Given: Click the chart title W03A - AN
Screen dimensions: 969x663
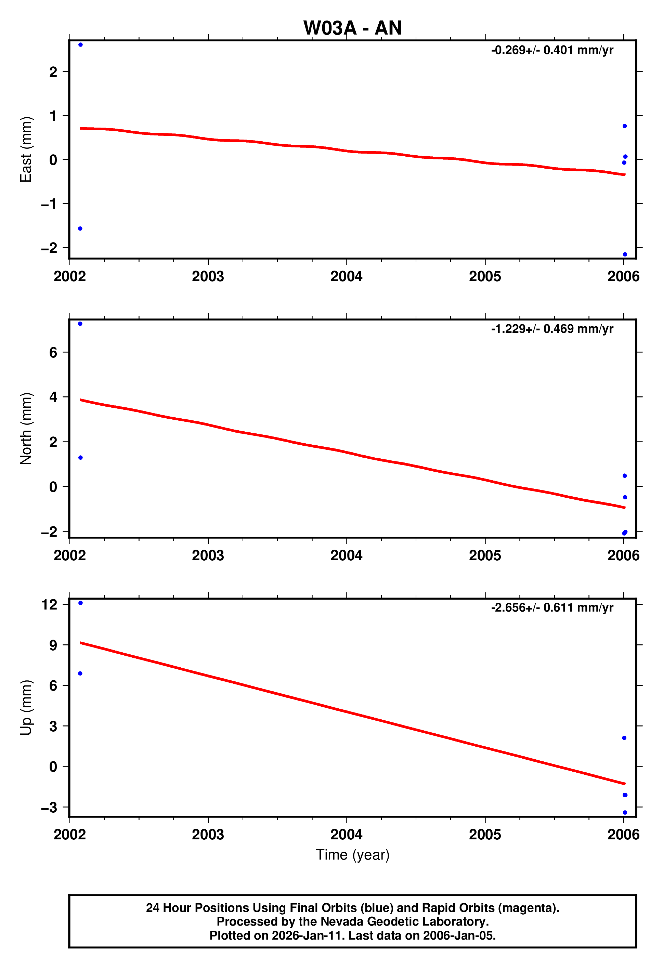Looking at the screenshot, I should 352,28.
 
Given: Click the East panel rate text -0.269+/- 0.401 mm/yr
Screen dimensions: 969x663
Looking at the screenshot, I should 552,50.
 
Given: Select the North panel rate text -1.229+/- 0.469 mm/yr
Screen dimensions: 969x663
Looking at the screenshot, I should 552,329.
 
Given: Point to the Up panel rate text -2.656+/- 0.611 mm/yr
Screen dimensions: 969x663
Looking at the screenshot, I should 552,607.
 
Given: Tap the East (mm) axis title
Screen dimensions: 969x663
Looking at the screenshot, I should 26,149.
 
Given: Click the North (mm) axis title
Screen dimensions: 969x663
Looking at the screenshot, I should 26,428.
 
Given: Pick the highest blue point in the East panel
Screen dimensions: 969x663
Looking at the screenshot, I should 80,44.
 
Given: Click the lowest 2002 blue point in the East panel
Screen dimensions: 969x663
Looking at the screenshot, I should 80,228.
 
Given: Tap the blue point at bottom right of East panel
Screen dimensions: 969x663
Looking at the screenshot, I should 625,254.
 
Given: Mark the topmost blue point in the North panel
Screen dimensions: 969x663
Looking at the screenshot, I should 80,324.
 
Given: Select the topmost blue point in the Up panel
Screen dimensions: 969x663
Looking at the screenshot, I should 80,603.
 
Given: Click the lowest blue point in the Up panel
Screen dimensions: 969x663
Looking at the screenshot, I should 625,812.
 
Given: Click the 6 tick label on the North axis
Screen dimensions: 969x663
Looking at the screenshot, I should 53,352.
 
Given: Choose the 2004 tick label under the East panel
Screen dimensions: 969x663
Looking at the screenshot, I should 346,276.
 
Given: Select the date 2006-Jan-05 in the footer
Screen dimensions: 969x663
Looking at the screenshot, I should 459,935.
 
